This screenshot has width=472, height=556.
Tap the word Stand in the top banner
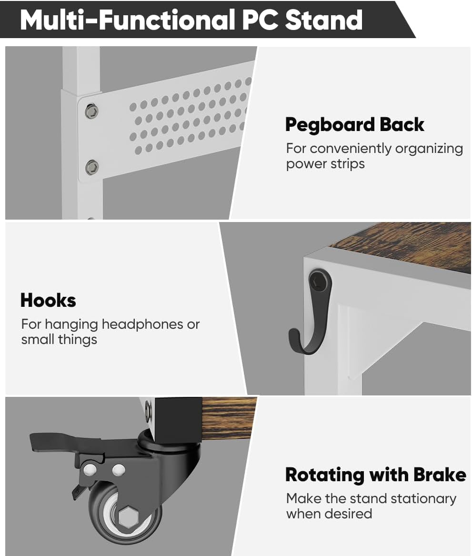(x=323, y=20)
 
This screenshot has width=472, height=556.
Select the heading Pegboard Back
(x=354, y=125)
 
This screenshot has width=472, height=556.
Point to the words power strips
(x=325, y=164)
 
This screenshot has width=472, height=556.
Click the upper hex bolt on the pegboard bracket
(x=91, y=111)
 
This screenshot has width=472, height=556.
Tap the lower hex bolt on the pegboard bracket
(x=92, y=167)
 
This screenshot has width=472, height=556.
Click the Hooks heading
(x=48, y=300)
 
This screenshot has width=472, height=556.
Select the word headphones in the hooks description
(x=142, y=324)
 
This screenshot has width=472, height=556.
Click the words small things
(x=59, y=340)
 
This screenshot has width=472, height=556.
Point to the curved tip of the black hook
(x=293, y=335)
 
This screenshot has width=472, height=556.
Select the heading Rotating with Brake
(x=376, y=475)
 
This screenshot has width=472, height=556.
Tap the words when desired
(x=329, y=514)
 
